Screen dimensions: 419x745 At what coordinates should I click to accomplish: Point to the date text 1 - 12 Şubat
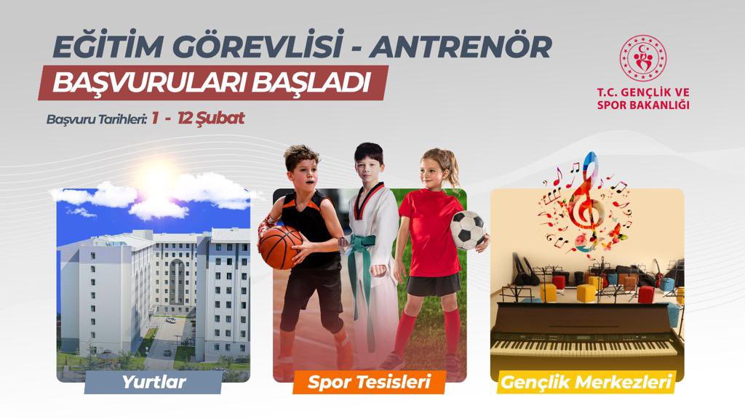coord(198,119)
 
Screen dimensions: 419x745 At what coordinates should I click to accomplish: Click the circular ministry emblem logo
coord(642,57)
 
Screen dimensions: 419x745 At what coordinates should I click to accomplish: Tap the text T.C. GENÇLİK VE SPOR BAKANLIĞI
coord(642,98)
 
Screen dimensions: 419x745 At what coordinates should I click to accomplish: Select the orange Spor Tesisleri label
coord(369,381)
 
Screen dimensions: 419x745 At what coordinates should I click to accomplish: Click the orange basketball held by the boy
coord(280,247)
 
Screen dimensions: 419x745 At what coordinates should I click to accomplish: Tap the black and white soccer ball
coord(468,230)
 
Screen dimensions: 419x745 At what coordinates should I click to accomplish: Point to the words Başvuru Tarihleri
coord(97,119)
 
